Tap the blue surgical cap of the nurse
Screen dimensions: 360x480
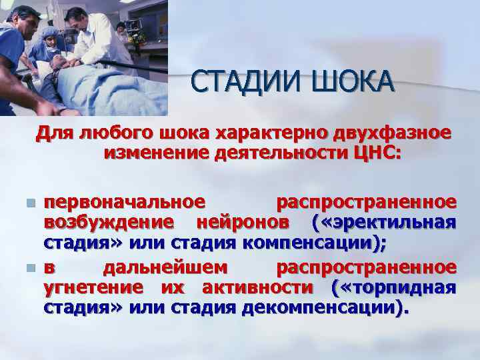(x=50, y=33)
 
